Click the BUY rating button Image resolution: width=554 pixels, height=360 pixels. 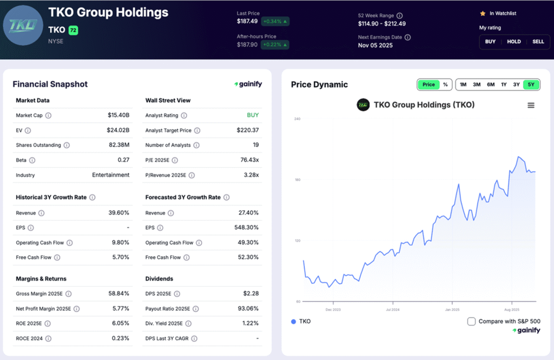coord(490,42)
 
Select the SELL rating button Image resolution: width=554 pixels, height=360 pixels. coord(538,42)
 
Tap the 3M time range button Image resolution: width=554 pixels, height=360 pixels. coord(477,84)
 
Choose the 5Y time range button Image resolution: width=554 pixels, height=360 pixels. coord(531,84)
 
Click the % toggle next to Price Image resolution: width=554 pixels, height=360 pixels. coord(445,84)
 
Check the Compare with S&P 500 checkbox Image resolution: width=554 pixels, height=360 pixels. coord(471,322)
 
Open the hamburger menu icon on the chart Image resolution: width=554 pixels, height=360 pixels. coord(531,105)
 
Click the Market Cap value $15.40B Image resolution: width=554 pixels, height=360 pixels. coord(118,115)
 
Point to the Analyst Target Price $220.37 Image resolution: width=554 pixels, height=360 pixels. coord(248,130)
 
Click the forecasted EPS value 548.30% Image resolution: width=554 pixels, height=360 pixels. coord(246,228)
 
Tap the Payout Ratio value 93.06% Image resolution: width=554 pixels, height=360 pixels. coord(247,309)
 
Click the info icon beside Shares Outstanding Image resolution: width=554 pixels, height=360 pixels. coord(67,146)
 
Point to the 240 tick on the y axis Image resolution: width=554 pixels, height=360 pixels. coord(297,119)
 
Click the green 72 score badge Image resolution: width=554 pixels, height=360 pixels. coord(73,31)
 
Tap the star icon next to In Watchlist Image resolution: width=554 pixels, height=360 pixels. coord(482,13)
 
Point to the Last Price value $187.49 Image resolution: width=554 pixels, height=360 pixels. coord(247,21)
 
